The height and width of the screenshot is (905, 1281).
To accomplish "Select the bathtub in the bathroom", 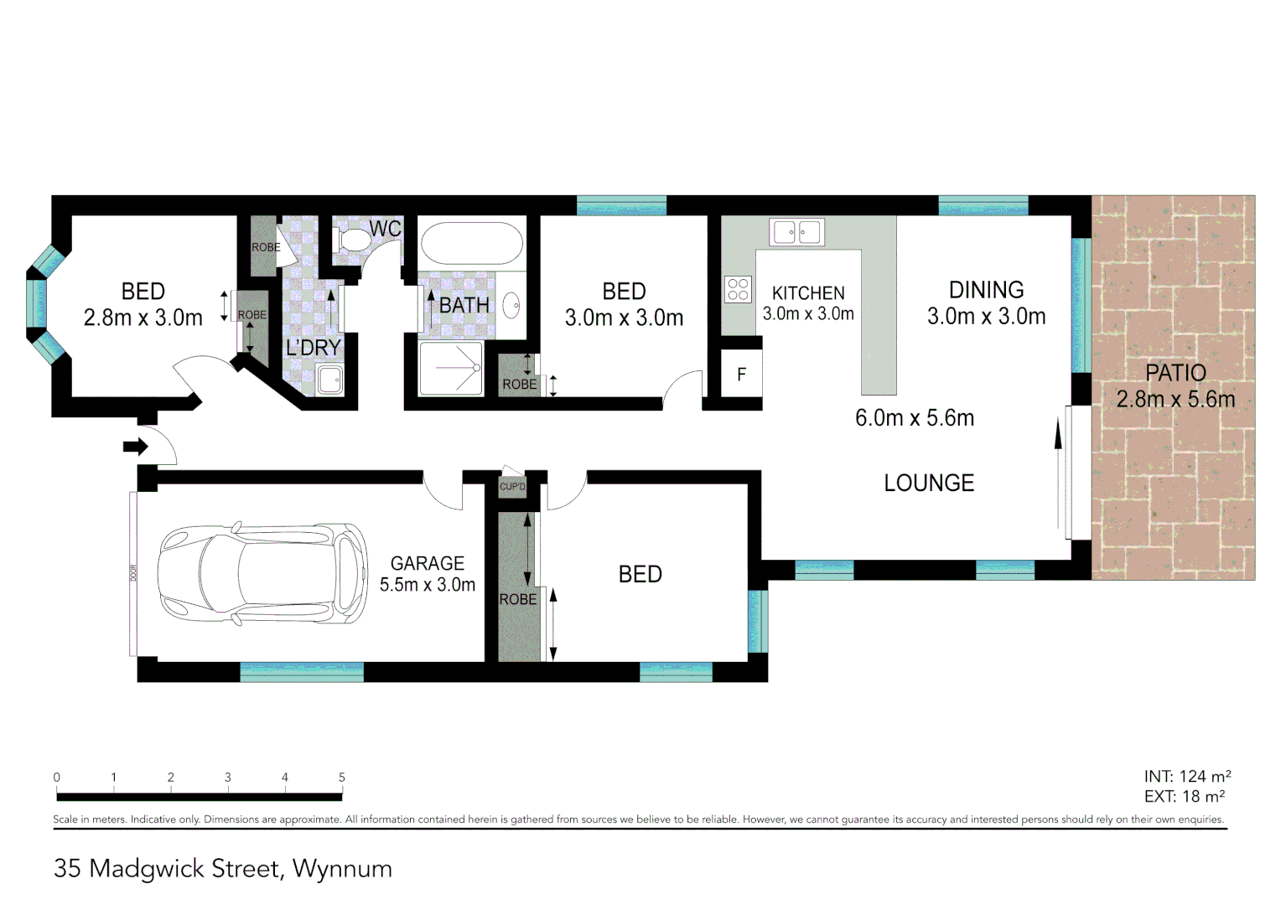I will tap(470, 243).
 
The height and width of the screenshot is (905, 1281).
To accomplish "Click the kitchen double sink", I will tap(797, 232).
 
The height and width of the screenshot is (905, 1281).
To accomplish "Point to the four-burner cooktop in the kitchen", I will tap(738, 289).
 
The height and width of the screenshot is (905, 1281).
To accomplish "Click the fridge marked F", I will tap(741, 375).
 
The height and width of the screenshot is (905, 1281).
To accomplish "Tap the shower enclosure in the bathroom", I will tap(451, 369).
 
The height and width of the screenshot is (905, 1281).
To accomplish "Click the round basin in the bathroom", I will tap(511, 305).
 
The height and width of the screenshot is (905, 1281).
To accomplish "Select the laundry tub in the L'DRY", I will tap(329, 380).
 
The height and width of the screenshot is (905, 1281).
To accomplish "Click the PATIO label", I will tap(1175, 373).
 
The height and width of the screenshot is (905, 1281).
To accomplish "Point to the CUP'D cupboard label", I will tap(512, 487).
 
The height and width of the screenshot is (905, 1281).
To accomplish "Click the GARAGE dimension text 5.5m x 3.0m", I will tap(428, 585).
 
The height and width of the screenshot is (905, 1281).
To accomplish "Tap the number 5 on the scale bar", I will tap(341, 778).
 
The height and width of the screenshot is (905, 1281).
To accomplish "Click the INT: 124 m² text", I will tap(1187, 777).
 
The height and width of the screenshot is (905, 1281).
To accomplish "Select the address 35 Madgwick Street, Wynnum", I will tap(223, 869).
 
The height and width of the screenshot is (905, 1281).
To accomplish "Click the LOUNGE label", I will tap(929, 483).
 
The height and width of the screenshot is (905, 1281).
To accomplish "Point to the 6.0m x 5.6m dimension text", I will tap(915, 418).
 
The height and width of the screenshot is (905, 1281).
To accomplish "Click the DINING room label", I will tap(986, 290).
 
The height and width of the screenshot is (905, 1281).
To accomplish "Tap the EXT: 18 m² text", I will tap(1184, 797).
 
